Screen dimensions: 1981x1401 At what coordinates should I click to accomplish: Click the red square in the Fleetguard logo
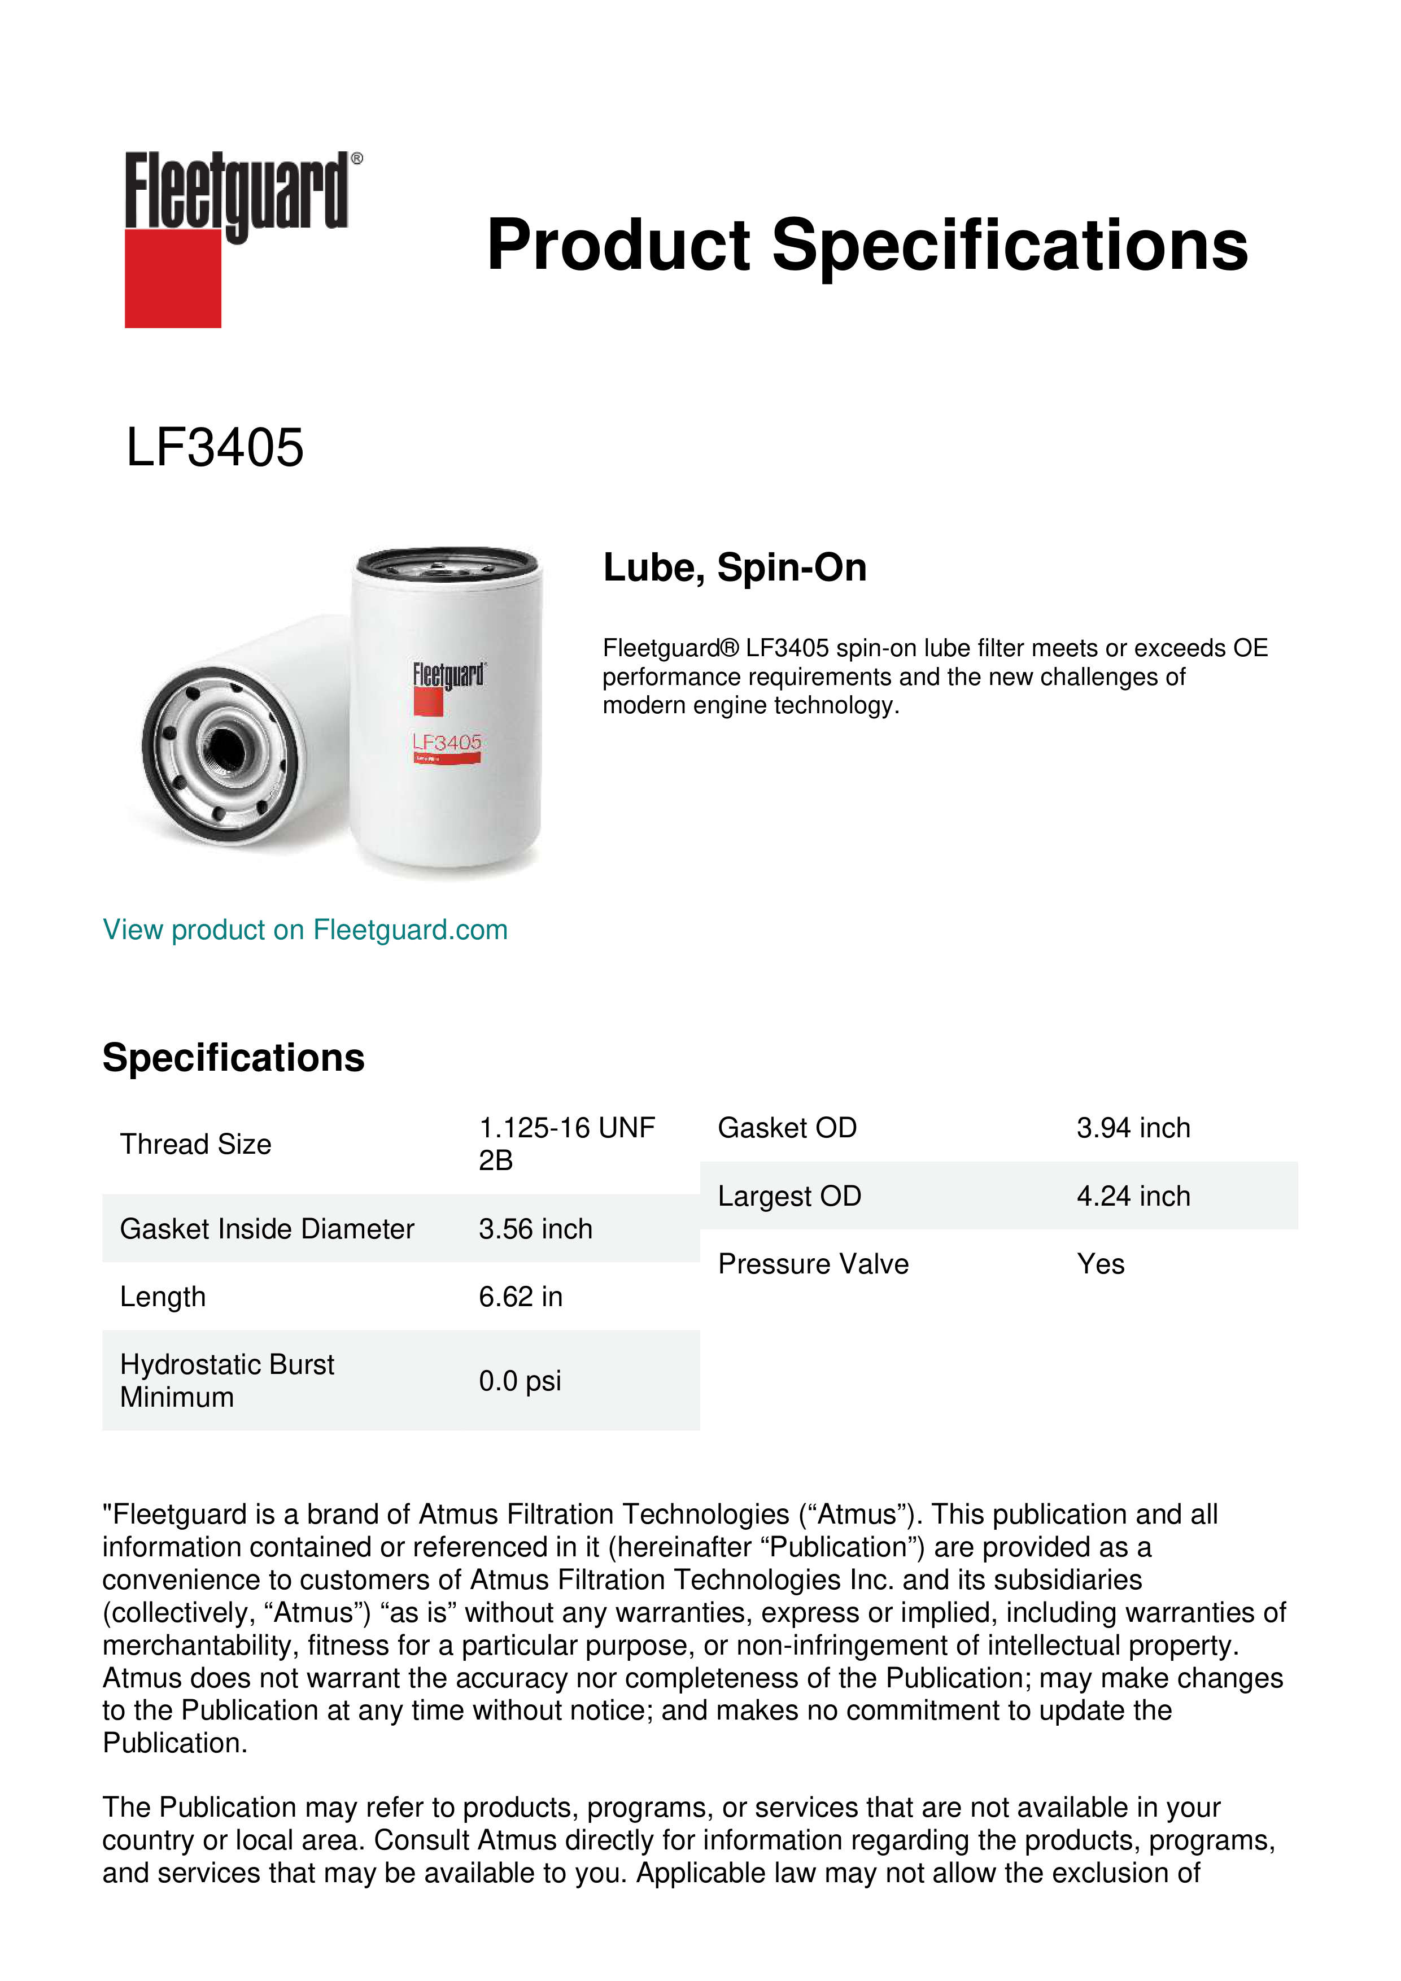click(x=173, y=278)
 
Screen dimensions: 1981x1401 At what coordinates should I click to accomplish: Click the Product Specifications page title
click(x=867, y=245)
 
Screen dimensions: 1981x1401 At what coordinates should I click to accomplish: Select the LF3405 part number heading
click(x=215, y=448)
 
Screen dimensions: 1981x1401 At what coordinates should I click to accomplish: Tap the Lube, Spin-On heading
click(x=734, y=568)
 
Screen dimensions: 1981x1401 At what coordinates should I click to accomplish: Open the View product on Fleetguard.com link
click(x=304, y=930)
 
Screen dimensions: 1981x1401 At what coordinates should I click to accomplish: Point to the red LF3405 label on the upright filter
click(x=447, y=743)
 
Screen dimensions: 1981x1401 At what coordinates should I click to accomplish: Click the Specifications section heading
click(x=233, y=1058)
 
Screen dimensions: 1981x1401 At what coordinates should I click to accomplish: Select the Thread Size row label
click(x=196, y=1144)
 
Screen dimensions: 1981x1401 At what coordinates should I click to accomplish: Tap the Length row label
click(x=163, y=1297)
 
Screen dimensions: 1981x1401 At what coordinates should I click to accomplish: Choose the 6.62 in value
click(x=520, y=1297)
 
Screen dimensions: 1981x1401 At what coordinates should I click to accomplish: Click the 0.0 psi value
click(x=520, y=1381)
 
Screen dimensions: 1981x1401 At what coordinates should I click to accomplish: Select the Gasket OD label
click(x=787, y=1128)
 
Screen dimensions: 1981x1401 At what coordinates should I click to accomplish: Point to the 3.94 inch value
click(x=1133, y=1128)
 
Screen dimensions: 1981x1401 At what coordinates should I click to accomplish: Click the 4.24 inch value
click(x=1133, y=1196)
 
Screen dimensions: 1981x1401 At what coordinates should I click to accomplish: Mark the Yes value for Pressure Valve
click(x=1100, y=1264)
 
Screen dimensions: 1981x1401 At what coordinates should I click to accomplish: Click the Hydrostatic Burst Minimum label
click(x=227, y=1381)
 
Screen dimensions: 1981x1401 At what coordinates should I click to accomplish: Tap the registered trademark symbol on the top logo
click(x=357, y=159)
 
